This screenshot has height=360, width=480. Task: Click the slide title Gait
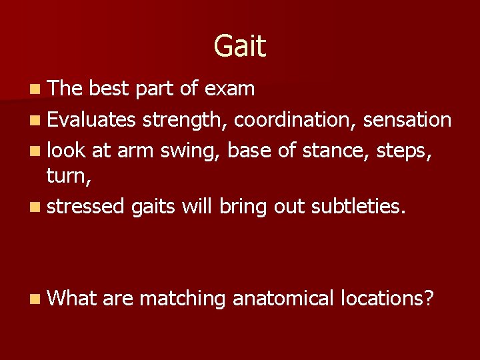coord(240,47)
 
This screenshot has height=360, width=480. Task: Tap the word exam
coord(230,89)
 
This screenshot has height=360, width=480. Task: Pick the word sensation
coord(407,120)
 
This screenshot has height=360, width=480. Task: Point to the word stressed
coord(86,207)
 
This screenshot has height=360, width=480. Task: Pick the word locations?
coord(387,298)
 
